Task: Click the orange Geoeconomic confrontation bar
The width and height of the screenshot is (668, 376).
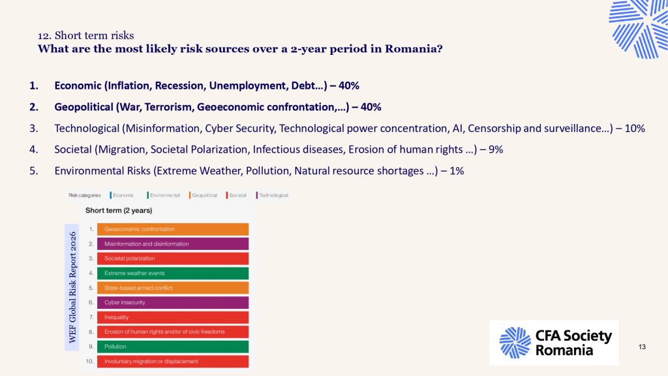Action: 172,229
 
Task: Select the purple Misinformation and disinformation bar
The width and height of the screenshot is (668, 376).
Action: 172,244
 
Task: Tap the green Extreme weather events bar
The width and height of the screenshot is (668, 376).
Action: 172,274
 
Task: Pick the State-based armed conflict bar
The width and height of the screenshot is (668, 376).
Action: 172,288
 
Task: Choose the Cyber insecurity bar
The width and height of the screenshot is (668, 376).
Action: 172,302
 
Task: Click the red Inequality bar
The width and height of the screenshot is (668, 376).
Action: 172,317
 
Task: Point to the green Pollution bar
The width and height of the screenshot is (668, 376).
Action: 172,347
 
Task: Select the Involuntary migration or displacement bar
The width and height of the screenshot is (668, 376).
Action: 172,361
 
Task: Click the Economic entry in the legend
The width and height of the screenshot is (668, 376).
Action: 122,195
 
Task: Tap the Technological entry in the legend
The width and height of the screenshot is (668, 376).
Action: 272,195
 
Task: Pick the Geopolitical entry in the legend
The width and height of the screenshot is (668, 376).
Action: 204,195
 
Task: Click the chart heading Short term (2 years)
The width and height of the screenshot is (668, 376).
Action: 119,210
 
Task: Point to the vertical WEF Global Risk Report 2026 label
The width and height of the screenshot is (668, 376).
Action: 72,287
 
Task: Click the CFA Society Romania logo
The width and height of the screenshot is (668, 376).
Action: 554,343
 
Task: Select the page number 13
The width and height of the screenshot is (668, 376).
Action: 642,347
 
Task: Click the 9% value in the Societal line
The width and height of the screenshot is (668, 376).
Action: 496,149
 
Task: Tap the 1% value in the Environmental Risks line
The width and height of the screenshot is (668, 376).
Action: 457,171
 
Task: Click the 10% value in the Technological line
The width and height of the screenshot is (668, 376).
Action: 635,129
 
